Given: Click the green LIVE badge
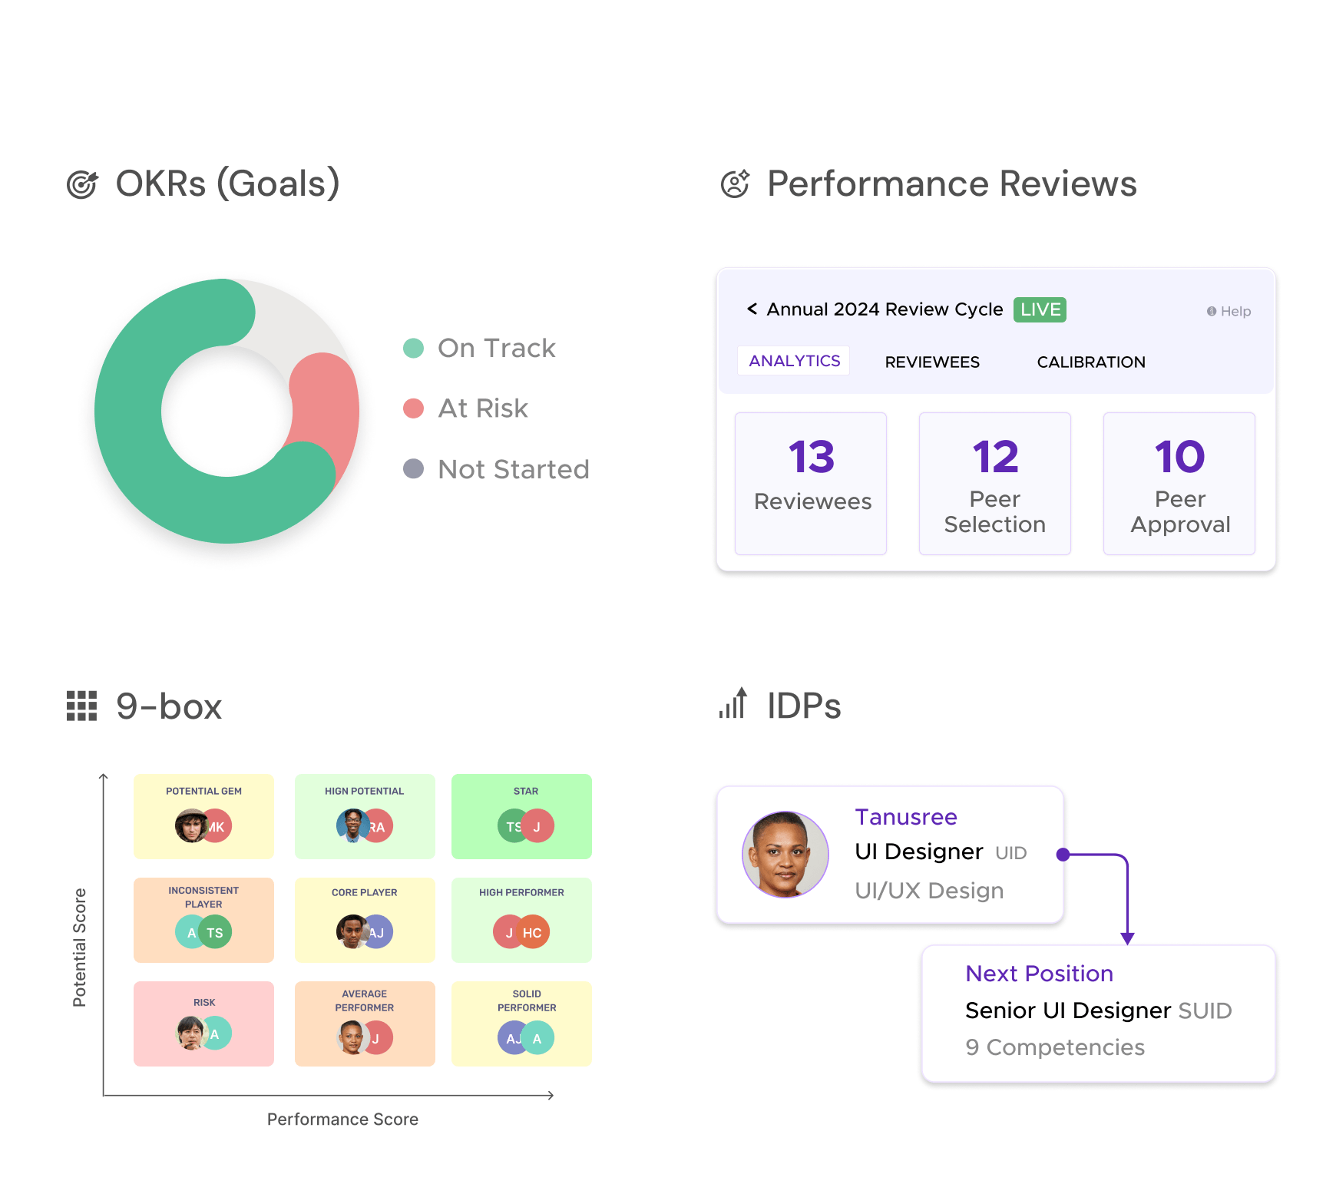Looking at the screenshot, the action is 1040,309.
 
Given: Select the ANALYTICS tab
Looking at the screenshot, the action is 794,361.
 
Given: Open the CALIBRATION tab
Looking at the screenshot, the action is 1091,362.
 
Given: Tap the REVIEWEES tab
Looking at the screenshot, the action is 932,362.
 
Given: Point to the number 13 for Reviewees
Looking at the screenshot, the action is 811,457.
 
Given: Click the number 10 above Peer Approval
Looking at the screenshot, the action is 1179,457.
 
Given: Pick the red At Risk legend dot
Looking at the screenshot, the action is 414,408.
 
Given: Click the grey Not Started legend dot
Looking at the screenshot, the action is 414,468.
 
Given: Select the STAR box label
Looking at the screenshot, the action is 526,791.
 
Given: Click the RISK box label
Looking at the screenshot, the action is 204,1002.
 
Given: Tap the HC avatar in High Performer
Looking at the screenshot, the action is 532,932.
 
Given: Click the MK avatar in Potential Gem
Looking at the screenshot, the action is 216,826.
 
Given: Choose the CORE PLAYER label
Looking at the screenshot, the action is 365,892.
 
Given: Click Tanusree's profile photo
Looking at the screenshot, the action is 785,855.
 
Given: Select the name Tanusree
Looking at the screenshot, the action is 906,817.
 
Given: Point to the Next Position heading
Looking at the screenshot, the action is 1039,974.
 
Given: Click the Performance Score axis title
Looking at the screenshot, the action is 342,1120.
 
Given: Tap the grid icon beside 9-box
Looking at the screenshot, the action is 81,706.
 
